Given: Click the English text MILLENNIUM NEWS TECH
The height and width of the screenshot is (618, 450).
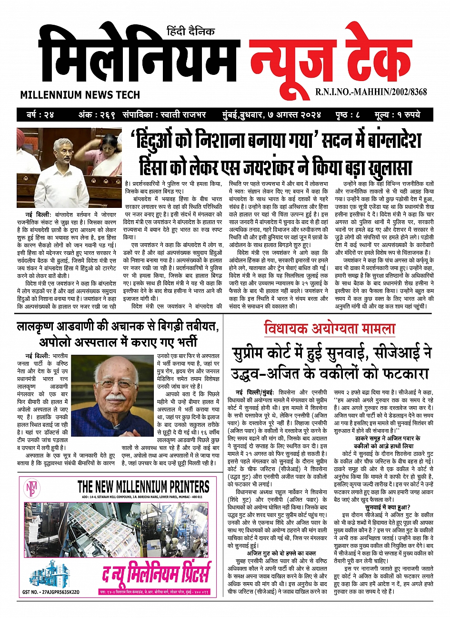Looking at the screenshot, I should point(80,95).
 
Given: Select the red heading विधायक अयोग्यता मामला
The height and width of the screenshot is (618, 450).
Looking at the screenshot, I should point(330,329).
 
